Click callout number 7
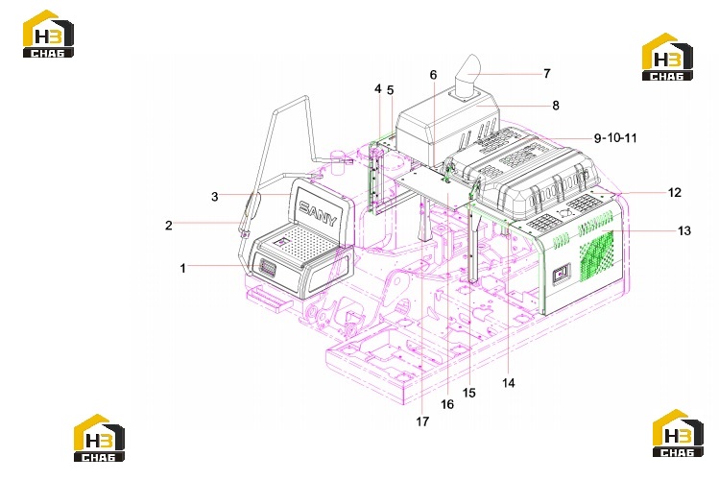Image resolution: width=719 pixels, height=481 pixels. pos(546,73)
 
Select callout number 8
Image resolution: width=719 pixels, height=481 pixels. pos(556,106)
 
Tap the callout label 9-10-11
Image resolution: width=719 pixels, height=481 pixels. pos(615,138)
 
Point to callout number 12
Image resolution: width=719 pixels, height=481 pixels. pos(675,193)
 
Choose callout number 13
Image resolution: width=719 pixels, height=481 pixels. pos(684,230)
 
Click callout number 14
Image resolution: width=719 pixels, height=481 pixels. pos(509,383)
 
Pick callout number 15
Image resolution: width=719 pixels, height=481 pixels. pos(469,393)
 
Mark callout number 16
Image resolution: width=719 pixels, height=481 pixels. pos(447,404)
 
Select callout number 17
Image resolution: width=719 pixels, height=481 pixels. pos(422,421)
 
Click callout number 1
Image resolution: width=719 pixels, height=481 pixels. pos(183,268)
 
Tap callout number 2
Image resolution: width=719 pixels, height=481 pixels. pos(169,226)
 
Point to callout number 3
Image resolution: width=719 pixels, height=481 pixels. pos(215,197)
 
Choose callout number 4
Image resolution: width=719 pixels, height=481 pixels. pos(378,88)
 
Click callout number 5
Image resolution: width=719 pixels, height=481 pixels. pos(391,90)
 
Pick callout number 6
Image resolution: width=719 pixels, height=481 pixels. pos(433,75)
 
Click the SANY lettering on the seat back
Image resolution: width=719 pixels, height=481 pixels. pos(318,214)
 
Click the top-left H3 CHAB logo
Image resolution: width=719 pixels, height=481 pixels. pos(48,34)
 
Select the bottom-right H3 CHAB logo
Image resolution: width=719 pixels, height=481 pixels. pos(678,433)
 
